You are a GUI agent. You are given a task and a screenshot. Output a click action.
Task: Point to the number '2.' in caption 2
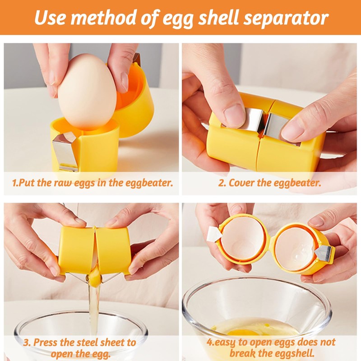[x=222, y=183]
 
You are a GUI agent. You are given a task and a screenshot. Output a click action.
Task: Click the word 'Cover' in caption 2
[x=244, y=183]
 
